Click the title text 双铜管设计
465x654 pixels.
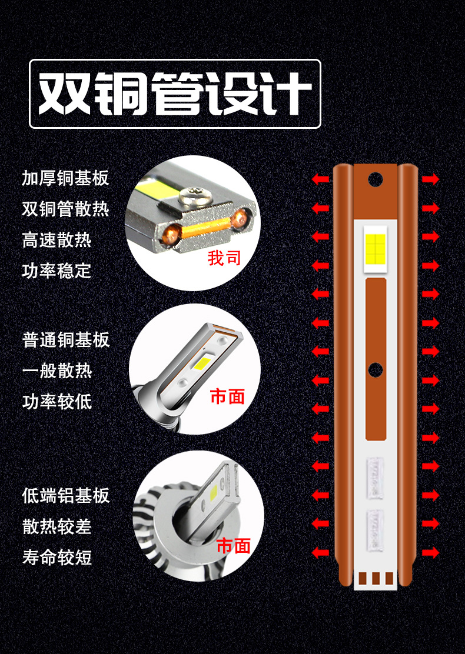click(x=175, y=94)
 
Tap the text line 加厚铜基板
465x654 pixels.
click(x=65, y=178)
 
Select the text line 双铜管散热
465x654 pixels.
click(x=65, y=209)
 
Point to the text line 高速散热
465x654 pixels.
click(x=57, y=240)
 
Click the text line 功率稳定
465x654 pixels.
click(x=57, y=271)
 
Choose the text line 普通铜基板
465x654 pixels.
click(x=65, y=339)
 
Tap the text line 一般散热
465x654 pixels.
click(x=57, y=371)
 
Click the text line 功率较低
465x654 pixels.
click(x=57, y=401)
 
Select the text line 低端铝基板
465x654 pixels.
click(x=65, y=496)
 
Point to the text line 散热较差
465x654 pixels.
click(x=57, y=526)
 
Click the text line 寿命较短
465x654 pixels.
click(x=57, y=557)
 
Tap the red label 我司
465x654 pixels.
click(x=224, y=258)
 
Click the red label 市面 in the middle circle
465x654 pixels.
click(x=227, y=396)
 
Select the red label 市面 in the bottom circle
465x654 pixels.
click(x=233, y=546)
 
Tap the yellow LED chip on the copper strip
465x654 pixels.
click(x=376, y=249)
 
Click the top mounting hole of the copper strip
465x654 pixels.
click(x=376, y=179)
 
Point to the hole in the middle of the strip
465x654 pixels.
click(x=376, y=369)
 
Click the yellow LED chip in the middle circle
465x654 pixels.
click(x=202, y=363)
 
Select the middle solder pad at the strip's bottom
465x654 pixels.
click(x=376, y=578)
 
